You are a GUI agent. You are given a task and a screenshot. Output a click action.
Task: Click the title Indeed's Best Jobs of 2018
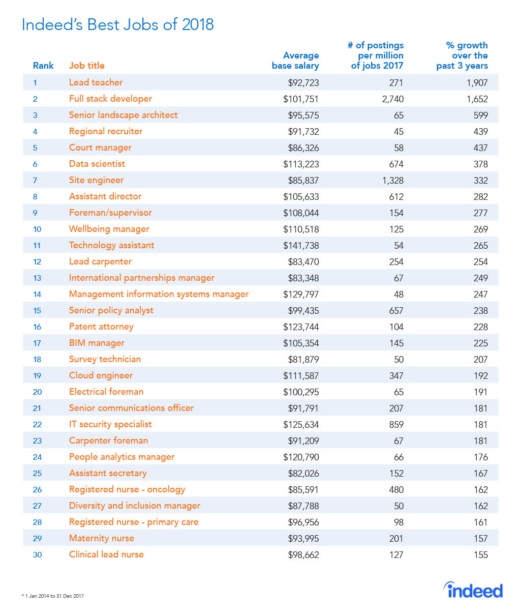pos(117,24)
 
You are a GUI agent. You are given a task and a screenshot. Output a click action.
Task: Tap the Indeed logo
pos(473,590)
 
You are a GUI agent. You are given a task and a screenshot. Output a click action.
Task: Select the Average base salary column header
pos(295,61)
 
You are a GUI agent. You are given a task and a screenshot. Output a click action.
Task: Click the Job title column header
pos(87,66)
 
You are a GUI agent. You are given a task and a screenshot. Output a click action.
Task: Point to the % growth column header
pos(462,55)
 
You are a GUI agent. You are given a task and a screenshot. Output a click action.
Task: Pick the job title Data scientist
pos(97,164)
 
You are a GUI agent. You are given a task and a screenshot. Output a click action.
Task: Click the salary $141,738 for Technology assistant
pos(301,245)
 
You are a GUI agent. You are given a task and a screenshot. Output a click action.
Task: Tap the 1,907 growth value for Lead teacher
pos(477,82)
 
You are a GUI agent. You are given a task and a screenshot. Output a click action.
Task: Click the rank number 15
pos(37,310)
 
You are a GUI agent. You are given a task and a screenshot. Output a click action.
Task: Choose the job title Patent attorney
pos(101,327)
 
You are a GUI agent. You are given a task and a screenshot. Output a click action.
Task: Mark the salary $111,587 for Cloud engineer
pos(301,375)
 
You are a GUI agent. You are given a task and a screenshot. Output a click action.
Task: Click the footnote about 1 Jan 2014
pos(53,596)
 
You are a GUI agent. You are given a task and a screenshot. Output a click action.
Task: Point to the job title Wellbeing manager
pos(109,229)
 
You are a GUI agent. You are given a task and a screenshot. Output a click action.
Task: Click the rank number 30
pos(37,554)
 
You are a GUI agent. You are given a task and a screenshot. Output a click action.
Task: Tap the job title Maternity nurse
pos(102,538)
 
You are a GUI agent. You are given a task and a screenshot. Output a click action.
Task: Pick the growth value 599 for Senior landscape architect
pos(480,115)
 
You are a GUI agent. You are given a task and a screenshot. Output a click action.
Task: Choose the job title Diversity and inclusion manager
pos(135,506)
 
